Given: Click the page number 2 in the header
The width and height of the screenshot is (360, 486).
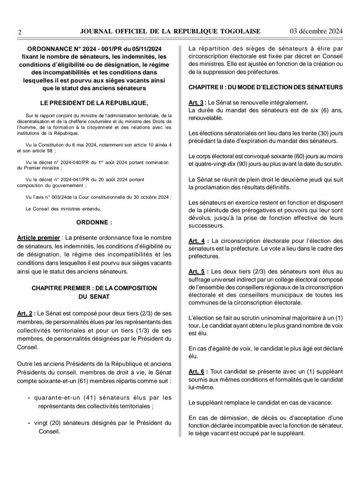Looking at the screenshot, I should click(19, 32).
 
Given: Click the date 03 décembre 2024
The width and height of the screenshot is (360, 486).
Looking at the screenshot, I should click(316, 31).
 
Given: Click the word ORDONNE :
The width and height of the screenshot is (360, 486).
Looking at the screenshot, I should click(94, 222).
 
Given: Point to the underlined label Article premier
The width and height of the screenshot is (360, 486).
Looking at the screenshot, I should click(38, 237).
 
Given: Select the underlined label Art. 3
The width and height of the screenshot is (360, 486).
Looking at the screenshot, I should click(197, 102).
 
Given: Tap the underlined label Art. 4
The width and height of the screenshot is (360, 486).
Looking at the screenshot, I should click(197, 241).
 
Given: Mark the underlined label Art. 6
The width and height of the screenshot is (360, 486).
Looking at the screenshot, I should click(197, 372).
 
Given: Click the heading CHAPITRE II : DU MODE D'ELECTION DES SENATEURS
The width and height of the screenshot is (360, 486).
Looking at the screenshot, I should click(265, 86).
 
